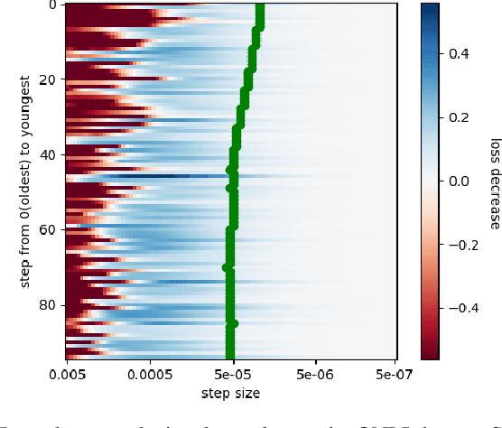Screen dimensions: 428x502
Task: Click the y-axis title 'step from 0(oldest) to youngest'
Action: (x=24, y=181)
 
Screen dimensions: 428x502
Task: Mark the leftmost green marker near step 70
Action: (x=227, y=267)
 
